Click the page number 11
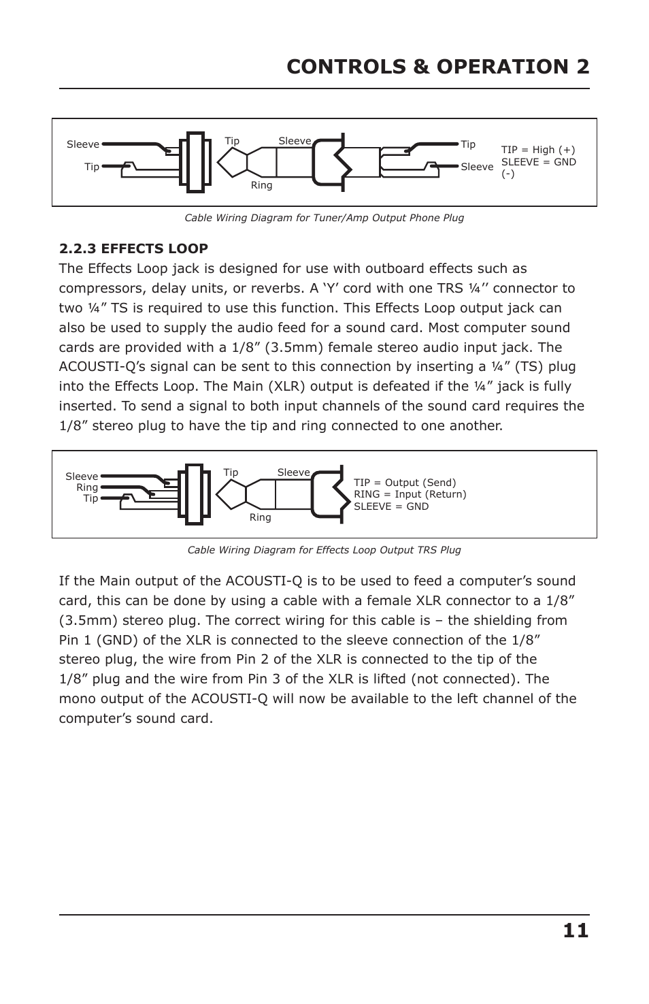576,930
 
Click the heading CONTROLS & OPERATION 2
437,67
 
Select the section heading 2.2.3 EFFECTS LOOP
133,248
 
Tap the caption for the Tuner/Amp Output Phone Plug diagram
324,218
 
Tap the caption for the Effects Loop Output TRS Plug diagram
324,550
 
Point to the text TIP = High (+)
538,150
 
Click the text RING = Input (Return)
410,494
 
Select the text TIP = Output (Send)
405,483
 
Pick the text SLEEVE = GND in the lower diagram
391,506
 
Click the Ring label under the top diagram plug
261,186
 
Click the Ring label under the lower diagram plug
260,518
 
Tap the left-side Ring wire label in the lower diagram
87,487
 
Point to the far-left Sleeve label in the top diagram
82,144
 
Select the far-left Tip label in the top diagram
92,167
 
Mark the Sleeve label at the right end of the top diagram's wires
477,167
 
